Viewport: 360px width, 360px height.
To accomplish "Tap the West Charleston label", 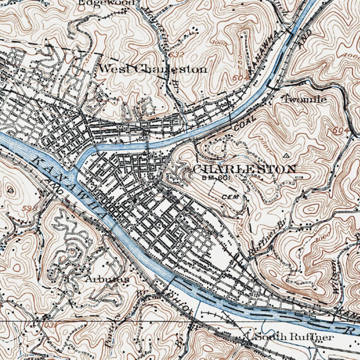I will tap(153, 69).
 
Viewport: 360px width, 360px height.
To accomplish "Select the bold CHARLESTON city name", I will tap(244, 169).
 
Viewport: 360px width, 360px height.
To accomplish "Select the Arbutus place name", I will tap(107, 279).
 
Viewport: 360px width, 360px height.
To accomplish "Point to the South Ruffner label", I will tap(294, 337).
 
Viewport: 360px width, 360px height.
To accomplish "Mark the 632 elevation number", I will tap(176, 55).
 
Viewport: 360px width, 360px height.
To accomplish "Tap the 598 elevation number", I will tap(30, 208).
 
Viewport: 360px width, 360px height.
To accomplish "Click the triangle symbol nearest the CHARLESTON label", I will tap(286, 155).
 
